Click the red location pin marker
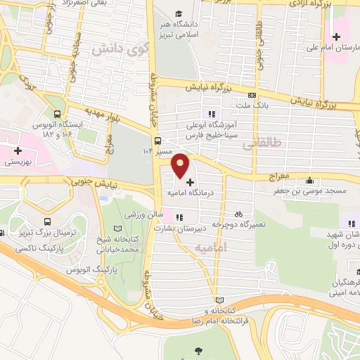[181, 165]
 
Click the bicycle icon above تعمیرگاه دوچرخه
[238, 212]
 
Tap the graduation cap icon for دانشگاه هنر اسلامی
[179, 14]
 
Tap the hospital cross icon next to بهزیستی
[18, 150]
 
